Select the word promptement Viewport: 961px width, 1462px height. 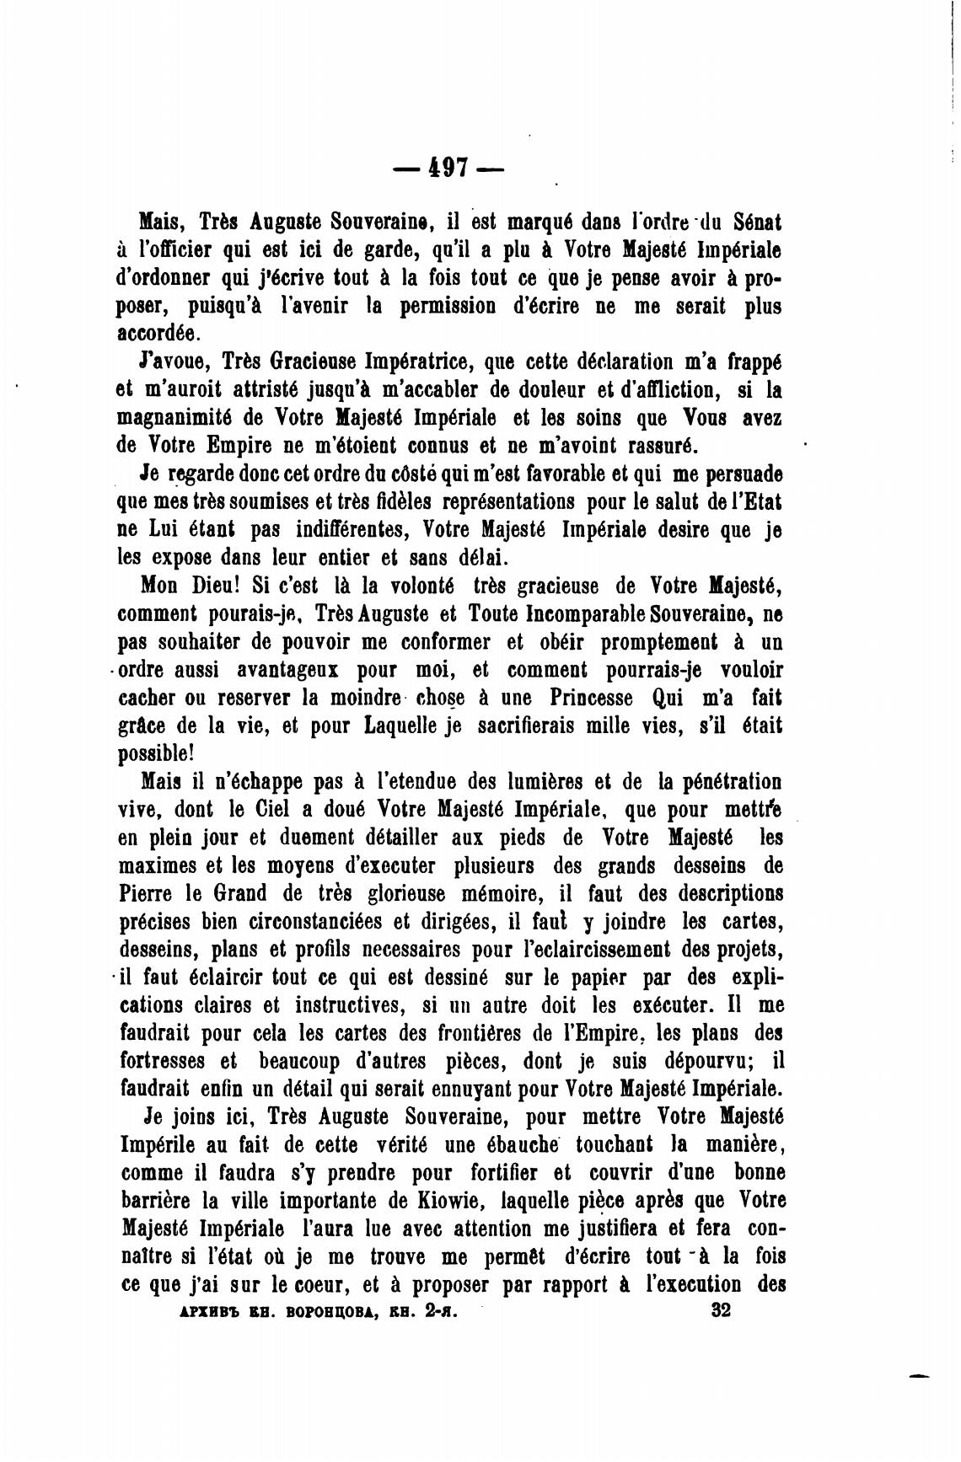click(x=658, y=642)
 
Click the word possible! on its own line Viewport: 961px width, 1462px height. click(x=156, y=753)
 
